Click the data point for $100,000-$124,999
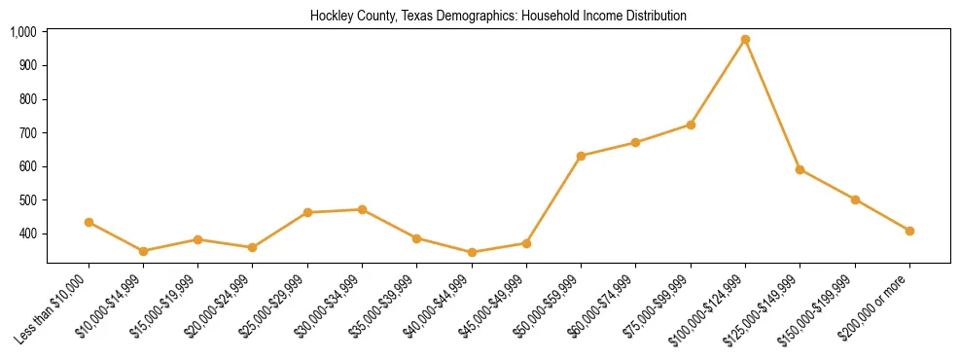(x=745, y=40)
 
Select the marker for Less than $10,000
(x=89, y=222)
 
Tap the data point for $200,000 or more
(x=909, y=231)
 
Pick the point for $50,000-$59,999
(x=581, y=156)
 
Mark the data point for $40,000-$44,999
(x=472, y=252)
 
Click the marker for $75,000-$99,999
(x=691, y=125)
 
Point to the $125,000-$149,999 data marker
(x=800, y=169)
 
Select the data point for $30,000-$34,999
(x=362, y=209)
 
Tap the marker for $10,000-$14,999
(x=143, y=251)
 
